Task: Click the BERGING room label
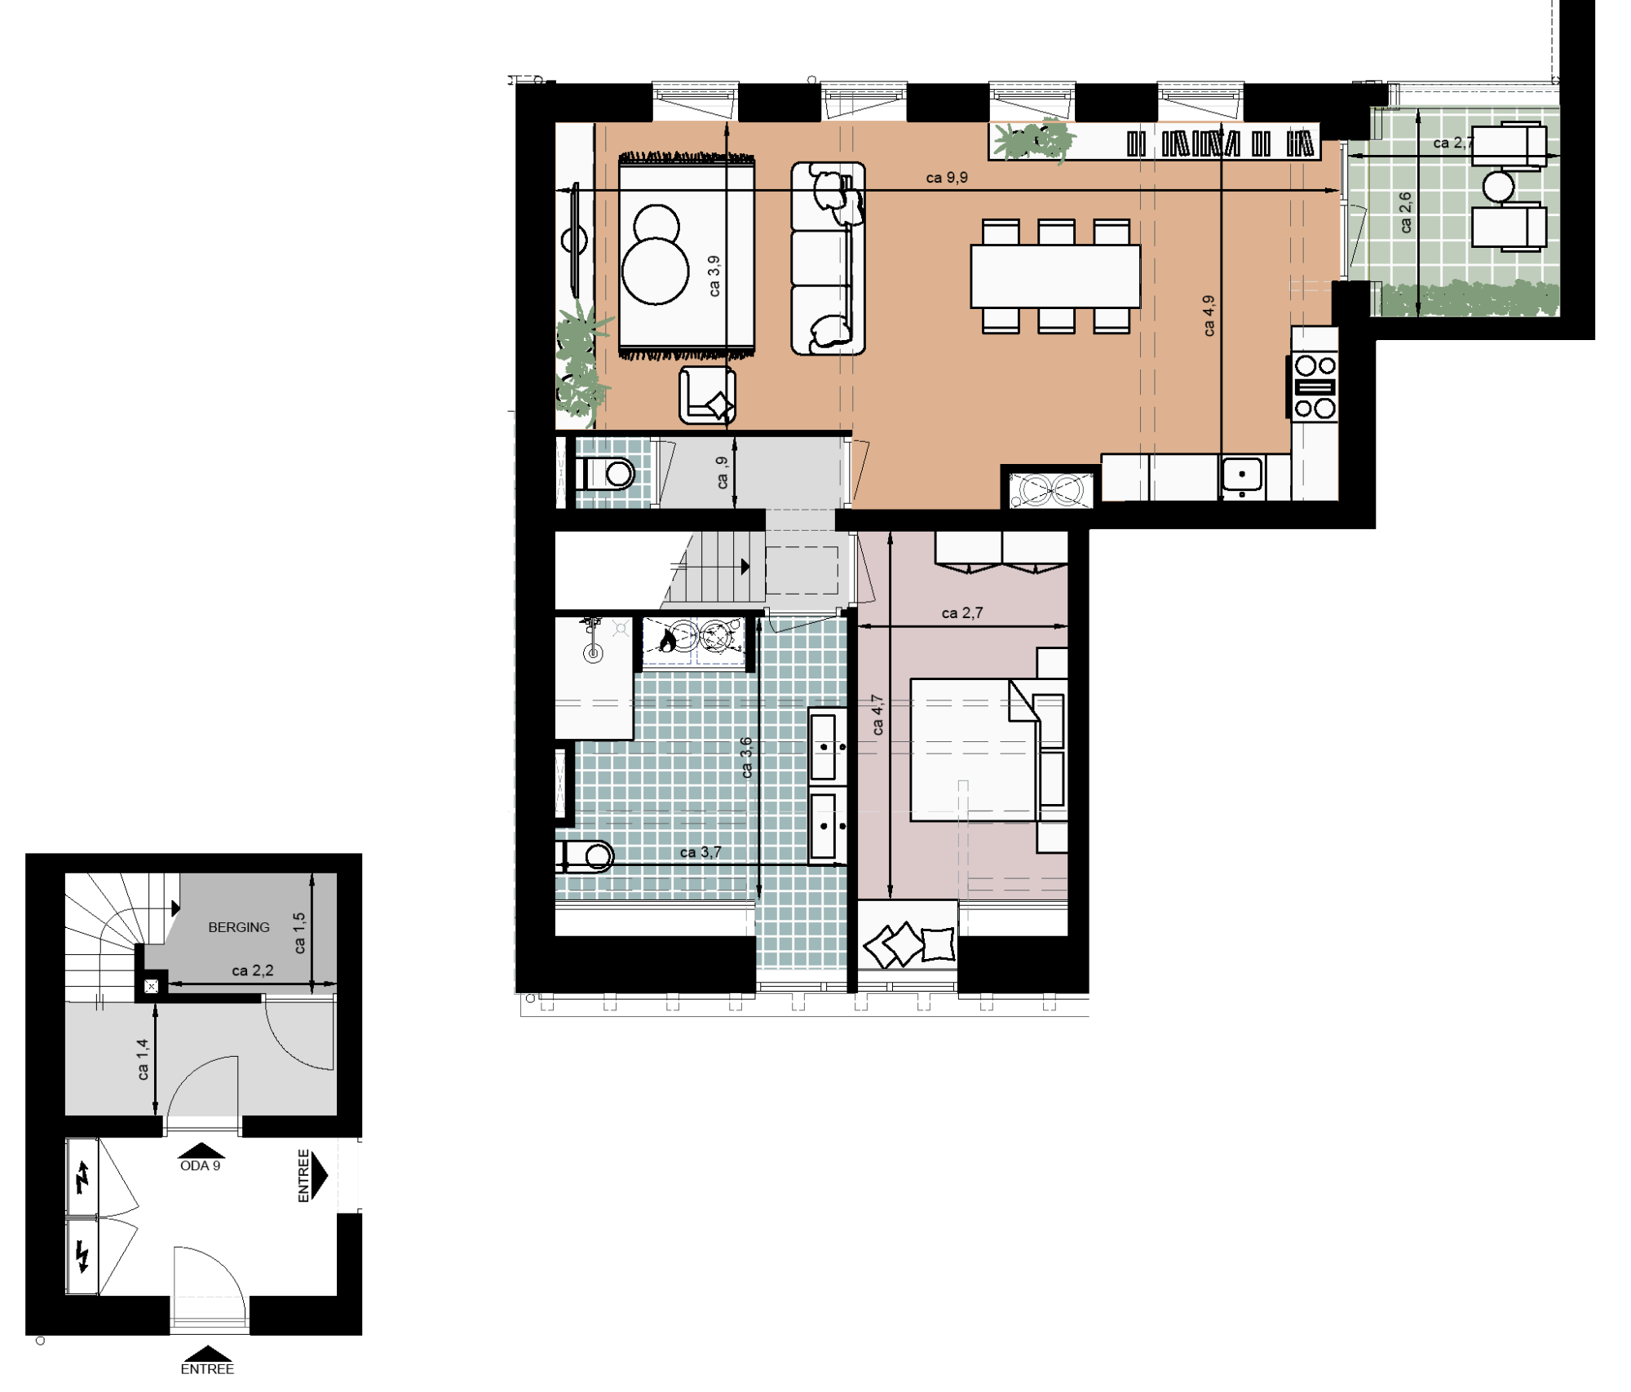[x=238, y=927]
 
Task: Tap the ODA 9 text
[x=200, y=1166]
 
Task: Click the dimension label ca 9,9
[x=947, y=178]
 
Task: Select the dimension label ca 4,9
[x=1209, y=316]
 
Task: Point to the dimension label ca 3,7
[x=701, y=852]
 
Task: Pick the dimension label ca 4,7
[x=877, y=715]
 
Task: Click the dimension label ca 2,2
[x=253, y=970]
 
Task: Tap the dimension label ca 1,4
[x=143, y=1059]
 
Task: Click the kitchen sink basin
[x=1242, y=474]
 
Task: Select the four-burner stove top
[x=1315, y=387]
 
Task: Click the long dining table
[x=1055, y=276]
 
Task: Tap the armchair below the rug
[x=707, y=396]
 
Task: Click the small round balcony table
[x=1499, y=187]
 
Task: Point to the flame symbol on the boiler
[x=668, y=641]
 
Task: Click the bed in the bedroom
[x=975, y=749]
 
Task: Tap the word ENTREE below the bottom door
[x=207, y=1369]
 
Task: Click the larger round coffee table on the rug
[x=656, y=271]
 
